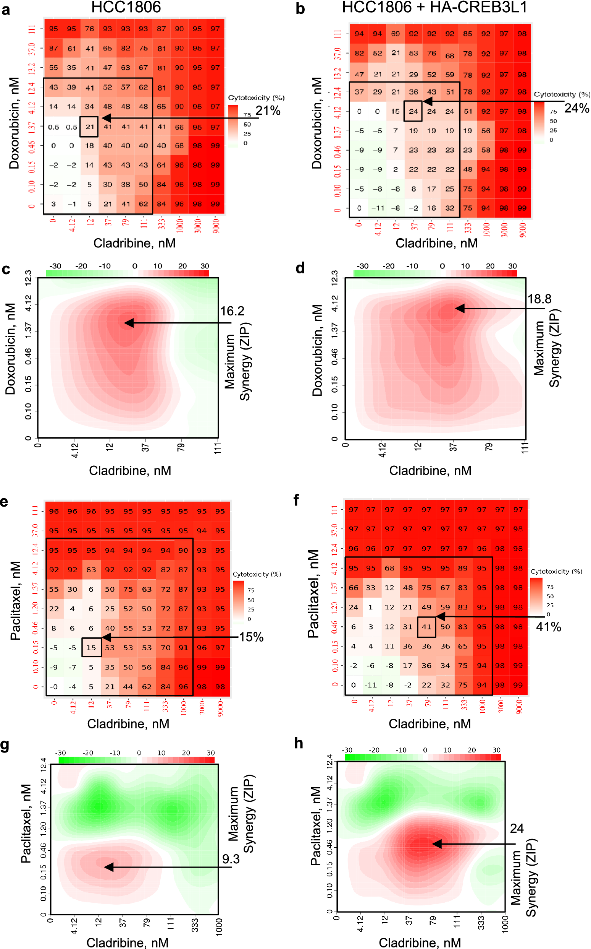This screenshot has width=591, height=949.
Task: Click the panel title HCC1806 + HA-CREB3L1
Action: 434,7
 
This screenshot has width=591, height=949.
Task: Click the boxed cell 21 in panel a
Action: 89,127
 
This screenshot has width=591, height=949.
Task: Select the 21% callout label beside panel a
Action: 268,111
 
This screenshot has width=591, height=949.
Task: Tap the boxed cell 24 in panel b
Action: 413,111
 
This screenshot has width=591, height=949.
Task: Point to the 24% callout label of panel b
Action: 576,108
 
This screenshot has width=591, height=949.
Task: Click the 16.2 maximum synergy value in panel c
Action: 232,311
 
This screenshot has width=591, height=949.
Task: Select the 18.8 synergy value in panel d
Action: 539,299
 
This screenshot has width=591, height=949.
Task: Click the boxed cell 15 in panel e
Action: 91,648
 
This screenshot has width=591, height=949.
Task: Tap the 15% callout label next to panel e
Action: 251,637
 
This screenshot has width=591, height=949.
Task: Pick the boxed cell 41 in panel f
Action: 426,627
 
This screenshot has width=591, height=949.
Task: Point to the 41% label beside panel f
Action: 548,627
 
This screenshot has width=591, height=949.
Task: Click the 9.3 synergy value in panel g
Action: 231,859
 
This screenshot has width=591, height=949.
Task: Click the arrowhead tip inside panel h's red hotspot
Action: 433,844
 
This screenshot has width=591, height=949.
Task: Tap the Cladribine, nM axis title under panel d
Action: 430,470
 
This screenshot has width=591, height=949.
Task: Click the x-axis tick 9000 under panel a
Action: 216,226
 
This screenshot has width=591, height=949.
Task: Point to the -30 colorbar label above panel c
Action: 55,266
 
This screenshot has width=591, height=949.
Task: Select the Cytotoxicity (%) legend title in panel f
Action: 556,572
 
